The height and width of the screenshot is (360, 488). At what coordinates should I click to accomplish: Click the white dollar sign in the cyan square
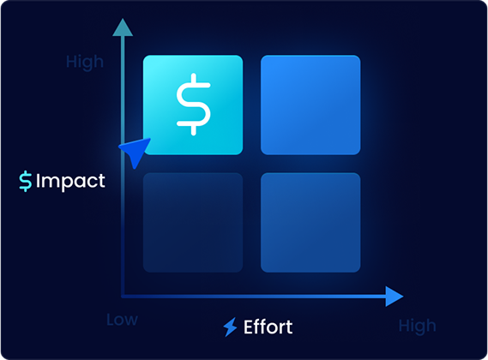pyautogui.click(x=194, y=105)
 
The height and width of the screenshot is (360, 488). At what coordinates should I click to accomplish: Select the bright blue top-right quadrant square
pyautogui.click(x=310, y=105)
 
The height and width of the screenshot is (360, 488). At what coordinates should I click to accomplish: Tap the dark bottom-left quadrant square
pyautogui.click(x=193, y=223)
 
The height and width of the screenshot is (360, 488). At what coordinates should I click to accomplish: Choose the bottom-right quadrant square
pyautogui.click(x=310, y=223)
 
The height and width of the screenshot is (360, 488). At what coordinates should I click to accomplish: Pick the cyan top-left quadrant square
pyautogui.click(x=193, y=105)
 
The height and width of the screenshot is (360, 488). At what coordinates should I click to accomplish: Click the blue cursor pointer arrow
pyautogui.click(x=136, y=151)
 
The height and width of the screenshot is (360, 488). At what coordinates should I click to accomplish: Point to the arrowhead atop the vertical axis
pyautogui.click(x=123, y=27)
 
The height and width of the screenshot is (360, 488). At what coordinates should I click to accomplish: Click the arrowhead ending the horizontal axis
pyautogui.click(x=395, y=297)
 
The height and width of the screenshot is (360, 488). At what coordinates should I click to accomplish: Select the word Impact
pyautogui.click(x=70, y=181)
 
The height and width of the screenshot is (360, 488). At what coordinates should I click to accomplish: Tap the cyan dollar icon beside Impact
pyautogui.click(x=26, y=181)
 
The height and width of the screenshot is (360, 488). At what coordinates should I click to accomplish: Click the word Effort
pyautogui.click(x=268, y=327)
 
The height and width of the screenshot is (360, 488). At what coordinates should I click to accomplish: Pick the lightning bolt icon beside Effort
pyautogui.click(x=231, y=327)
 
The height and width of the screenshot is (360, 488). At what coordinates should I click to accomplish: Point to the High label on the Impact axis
pyautogui.click(x=85, y=63)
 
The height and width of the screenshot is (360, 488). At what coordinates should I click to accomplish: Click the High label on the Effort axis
pyautogui.click(x=418, y=327)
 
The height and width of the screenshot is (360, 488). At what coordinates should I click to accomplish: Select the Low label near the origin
pyautogui.click(x=122, y=320)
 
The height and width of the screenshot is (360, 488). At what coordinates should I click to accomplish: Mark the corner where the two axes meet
pyautogui.click(x=123, y=297)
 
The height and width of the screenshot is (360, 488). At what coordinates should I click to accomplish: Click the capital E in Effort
pyautogui.click(x=249, y=327)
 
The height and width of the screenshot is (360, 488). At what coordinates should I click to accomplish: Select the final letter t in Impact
pyautogui.click(x=102, y=182)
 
